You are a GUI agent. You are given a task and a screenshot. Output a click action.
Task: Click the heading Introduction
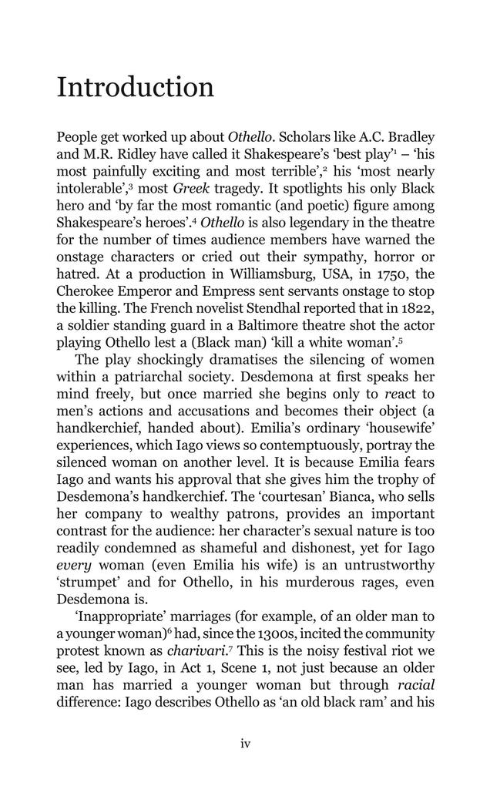point(136,87)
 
